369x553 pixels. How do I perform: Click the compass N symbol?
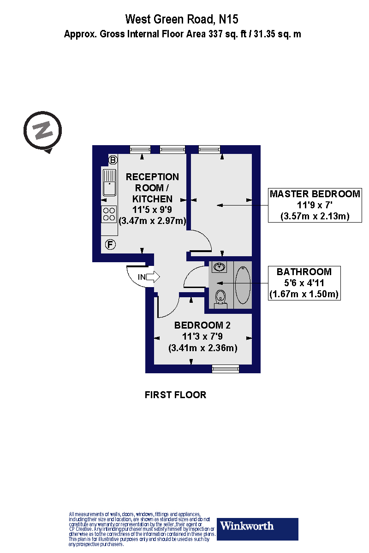point(43,131)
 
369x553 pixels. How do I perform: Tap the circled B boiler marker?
point(113,160)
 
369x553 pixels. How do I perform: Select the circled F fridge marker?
point(110,245)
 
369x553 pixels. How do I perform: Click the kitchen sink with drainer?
point(109,182)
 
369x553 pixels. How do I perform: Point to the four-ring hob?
point(109,214)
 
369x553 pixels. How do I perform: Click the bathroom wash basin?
point(219,267)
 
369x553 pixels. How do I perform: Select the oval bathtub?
point(243,285)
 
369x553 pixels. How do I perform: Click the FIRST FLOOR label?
point(175,395)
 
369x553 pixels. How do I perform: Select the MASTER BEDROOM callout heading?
point(315,194)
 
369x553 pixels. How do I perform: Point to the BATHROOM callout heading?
point(304,271)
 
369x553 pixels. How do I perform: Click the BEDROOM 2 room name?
point(202,325)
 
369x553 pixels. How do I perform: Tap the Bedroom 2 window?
point(226,369)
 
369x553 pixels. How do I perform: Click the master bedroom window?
point(209,149)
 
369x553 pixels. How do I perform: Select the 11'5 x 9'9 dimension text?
point(152,210)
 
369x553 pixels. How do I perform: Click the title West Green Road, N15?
point(182,19)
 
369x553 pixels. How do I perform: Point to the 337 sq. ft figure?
point(227,34)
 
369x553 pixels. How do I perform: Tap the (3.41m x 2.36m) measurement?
point(202,348)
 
